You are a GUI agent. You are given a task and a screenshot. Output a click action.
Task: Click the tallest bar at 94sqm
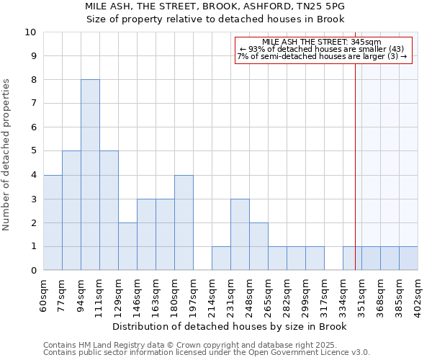click(x=90, y=175)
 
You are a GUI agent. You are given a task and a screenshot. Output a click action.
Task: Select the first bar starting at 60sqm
click(x=53, y=222)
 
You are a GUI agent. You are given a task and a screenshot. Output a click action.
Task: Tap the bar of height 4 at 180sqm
click(x=184, y=222)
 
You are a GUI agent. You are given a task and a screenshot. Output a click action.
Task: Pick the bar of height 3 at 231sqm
click(x=240, y=235)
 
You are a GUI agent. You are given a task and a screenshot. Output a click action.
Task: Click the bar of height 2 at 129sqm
click(x=127, y=246)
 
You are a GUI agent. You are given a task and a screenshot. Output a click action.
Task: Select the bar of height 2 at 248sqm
click(x=258, y=246)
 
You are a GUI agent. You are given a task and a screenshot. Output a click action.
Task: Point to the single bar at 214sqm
click(x=221, y=258)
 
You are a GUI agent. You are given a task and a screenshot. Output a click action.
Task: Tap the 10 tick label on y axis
click(x=30, y=32)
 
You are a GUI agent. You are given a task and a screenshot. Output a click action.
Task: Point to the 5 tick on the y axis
click(x=33, y=151)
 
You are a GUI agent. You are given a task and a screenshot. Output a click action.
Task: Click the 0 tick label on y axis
click(x=33, y=271)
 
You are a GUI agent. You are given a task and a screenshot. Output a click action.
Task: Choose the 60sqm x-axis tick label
click(x=44, y=294)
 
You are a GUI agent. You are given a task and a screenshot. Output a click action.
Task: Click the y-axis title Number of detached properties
click(x=7, y=155)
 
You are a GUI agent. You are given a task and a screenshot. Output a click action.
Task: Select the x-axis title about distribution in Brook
click(x=230, y=326)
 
